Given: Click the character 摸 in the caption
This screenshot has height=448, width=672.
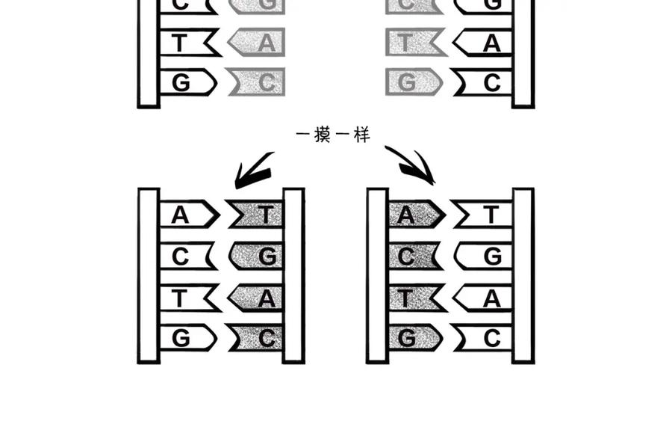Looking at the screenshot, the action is coord(322,135).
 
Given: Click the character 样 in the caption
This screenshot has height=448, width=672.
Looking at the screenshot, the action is coord(362,135).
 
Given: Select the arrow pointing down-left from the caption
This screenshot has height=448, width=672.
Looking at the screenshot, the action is coord(253,171).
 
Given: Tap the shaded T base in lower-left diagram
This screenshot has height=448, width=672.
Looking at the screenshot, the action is coord(256,214).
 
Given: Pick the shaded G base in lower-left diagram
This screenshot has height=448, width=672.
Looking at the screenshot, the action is coord(256,257).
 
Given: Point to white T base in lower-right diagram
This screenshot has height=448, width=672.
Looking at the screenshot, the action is coord(482,214).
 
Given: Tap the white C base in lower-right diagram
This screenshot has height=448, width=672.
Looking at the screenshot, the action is coord(483,339).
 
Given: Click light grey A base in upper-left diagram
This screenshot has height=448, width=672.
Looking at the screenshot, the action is coord(257,42).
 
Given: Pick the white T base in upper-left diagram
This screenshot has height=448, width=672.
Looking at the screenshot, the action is coord(190,42).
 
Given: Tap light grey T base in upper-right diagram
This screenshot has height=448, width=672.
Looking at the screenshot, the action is coord(416,42).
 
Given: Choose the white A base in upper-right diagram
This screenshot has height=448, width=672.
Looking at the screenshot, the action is coord(482,42).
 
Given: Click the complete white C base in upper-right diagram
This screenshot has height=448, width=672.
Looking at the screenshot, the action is coord(483,82).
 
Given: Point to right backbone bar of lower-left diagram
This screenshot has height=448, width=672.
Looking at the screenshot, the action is coord(293,276).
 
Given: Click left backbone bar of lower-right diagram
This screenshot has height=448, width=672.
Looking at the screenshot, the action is coord(377,276).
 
